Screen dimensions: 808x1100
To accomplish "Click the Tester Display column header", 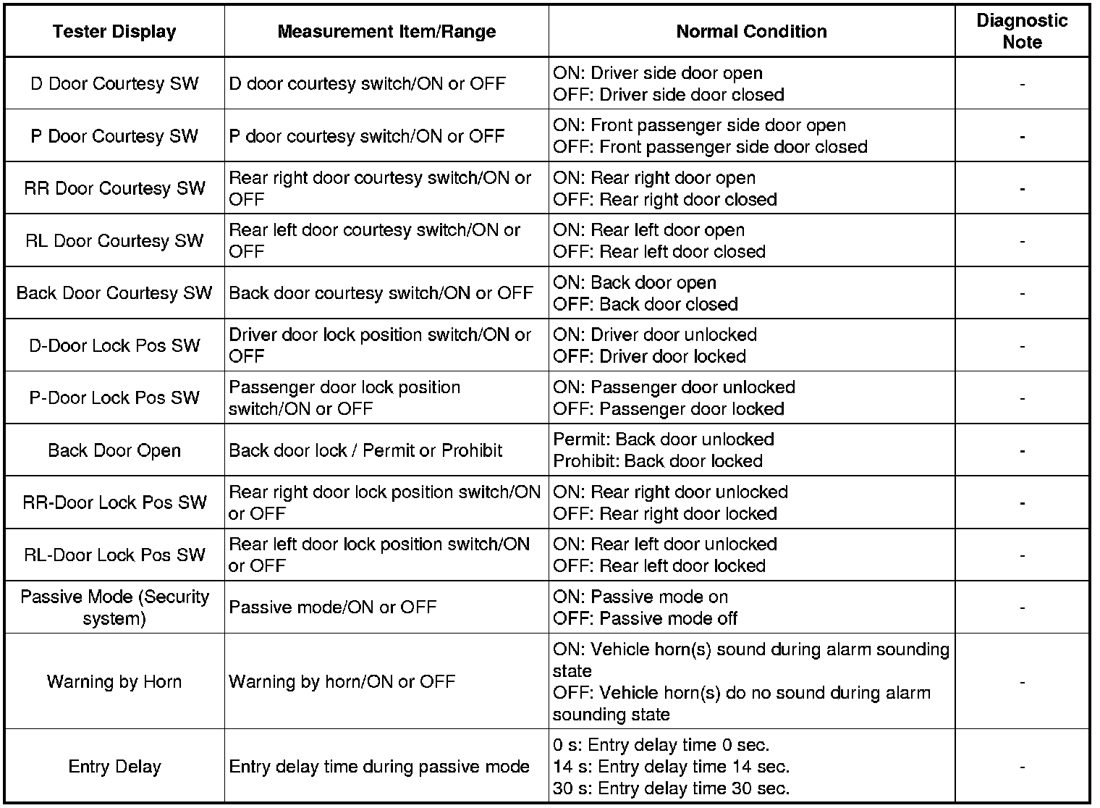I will (x=114, y=32).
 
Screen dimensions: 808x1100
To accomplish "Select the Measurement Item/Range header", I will (x=386, y=32).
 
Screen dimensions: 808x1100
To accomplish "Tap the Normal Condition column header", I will (x=751, y=32).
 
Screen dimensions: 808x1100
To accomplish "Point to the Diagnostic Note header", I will (x=1022, y=32).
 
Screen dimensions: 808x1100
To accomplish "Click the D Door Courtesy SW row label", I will (x=114, y=84).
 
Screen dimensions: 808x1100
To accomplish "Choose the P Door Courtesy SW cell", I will (x=114, y=136).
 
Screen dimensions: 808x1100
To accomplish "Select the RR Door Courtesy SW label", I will (x=114, y=188).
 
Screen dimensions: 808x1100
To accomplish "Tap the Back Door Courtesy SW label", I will (x=114, y=293).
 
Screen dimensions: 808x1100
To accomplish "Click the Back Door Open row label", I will (x=114, y=450).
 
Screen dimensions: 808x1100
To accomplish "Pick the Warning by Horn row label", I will (x=114, y=682).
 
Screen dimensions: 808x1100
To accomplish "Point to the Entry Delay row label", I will (x=114, y=767).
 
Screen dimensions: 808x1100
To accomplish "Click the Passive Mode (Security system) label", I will (x=114, y=607).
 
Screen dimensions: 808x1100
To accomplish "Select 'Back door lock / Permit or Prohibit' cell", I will (x=365, y=450).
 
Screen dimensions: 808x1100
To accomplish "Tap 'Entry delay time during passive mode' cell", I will (x=379, y=767).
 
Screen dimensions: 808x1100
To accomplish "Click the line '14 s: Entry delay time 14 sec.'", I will (x=671, y=767).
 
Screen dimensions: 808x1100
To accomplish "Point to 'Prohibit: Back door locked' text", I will (x=657, y=461).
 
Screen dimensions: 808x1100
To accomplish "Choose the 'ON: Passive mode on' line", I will (x=640, y=597).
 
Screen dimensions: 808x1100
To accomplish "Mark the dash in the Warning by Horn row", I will (x=1022, y=682).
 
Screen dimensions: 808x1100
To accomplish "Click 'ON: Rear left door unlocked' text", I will (x=665, y=544).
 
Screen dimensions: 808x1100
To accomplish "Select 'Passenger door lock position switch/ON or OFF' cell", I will (x=344, y=398).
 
